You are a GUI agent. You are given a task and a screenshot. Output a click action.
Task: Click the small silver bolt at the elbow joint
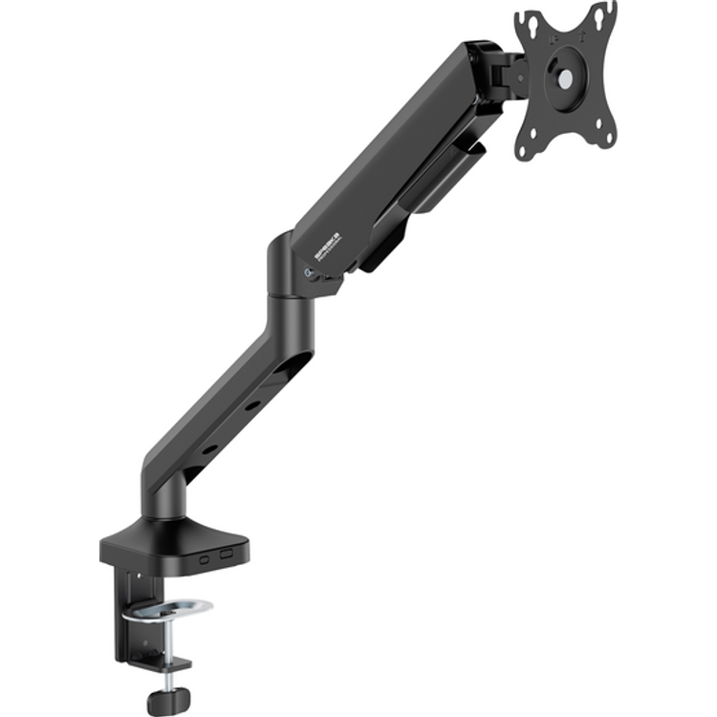pos(306,272)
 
